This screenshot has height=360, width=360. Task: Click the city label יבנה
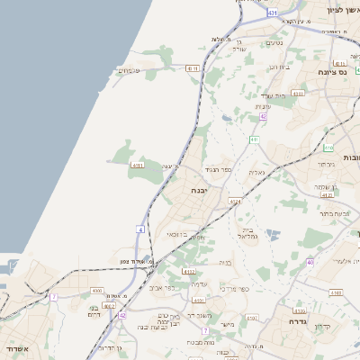click(x=200, y=191)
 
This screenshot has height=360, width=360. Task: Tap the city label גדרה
click(x=299, y=321)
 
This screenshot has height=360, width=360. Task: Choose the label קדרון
click(x=321, y=327)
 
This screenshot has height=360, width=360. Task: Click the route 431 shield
click(x=272, y=13)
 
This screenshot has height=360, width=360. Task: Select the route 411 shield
click(x=256, y=139)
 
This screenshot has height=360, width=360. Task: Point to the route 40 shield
click(x=310, y=262)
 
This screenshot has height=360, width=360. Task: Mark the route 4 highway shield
click(x=140, y=229)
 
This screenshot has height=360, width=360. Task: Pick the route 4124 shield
click(x=235, y=202)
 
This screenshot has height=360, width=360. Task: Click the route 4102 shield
click(x=188, y=271)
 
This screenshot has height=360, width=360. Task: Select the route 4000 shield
click(x=97, y=291)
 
